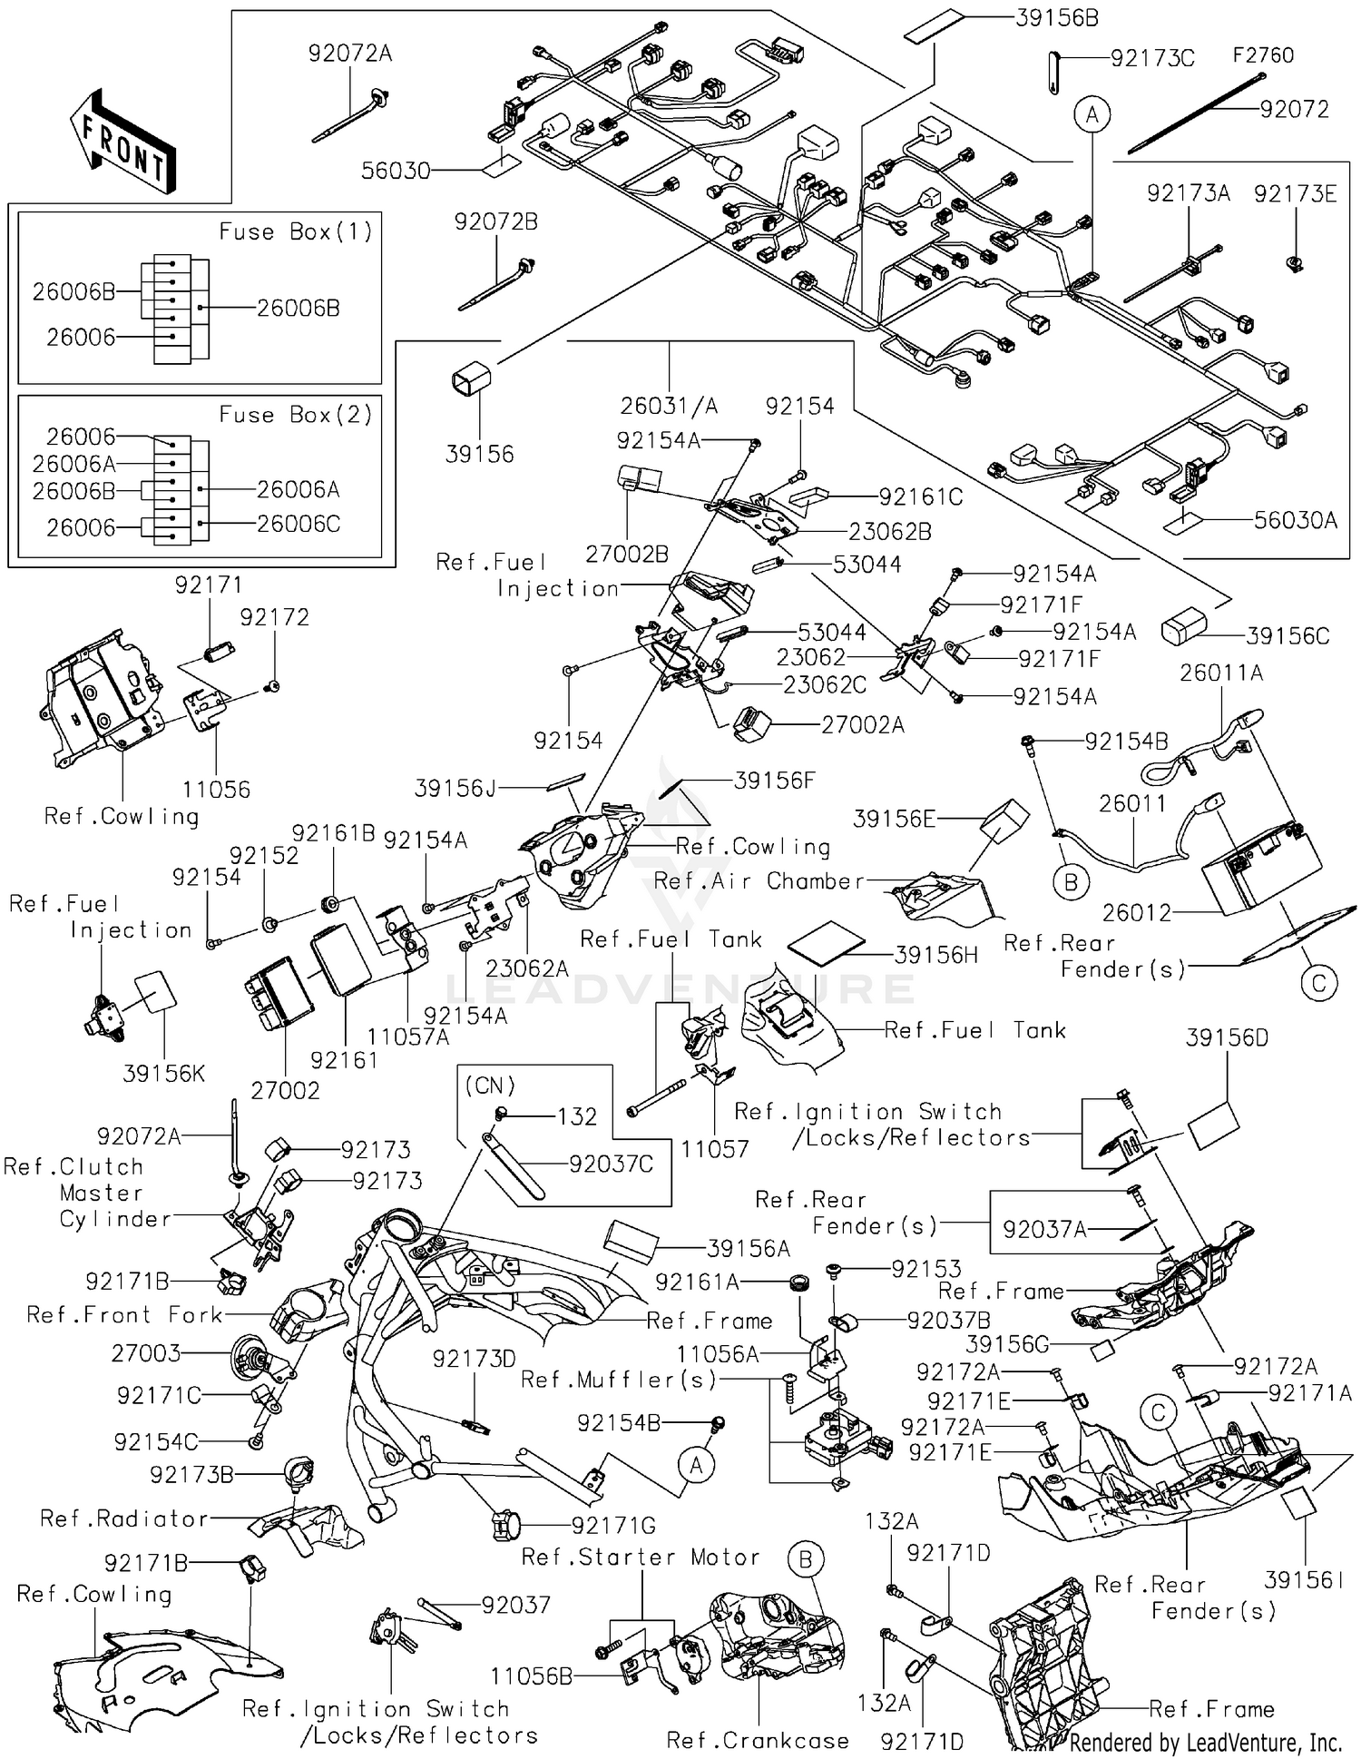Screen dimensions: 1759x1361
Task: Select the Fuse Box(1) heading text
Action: pos(296,232)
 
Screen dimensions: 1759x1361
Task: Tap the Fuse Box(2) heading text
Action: pos(296,416)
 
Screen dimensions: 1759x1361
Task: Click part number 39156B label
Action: pos(1056,18)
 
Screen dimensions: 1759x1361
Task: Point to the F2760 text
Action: pos(1262,56)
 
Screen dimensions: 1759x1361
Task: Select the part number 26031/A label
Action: pos(669,406)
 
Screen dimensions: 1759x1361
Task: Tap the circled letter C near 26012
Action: pos(1318,982)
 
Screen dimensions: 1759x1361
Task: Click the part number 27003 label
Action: pos(146,1353)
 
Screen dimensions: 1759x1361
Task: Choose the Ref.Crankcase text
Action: pos(758,1740)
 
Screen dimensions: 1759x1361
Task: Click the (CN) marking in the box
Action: pos(490,1086)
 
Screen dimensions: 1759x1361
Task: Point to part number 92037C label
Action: pos(611,1164)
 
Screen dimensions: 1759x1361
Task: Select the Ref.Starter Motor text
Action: pos(641,1558)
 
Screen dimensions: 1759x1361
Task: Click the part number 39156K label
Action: pos(164,1074)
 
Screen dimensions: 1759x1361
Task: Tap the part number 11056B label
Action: pos(532,1676)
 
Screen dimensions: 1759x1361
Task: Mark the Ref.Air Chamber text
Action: pos(759,881)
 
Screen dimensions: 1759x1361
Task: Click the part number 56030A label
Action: pos(1295,520)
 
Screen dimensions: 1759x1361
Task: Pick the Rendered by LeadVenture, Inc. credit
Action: pos(1205,1742)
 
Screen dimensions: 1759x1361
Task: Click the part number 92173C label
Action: pos(1152,60)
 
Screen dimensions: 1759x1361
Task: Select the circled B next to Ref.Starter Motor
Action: pos(805,1560)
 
